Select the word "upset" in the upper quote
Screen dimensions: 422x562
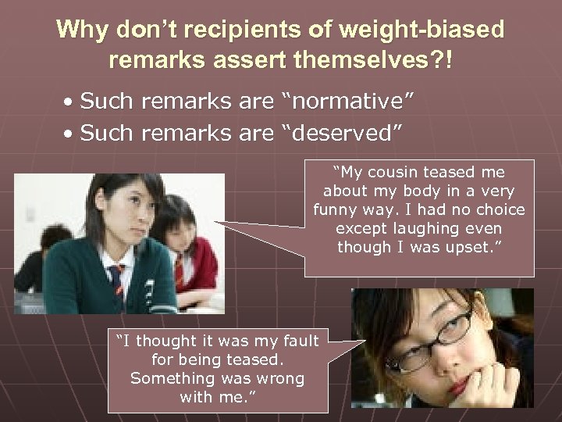pyautogui.click(x=480, y=248)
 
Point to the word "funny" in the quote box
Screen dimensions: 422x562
pyautogui.click(x=334, y=210)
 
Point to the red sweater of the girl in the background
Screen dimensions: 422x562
pyautogui.click(x=195, y=266)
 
